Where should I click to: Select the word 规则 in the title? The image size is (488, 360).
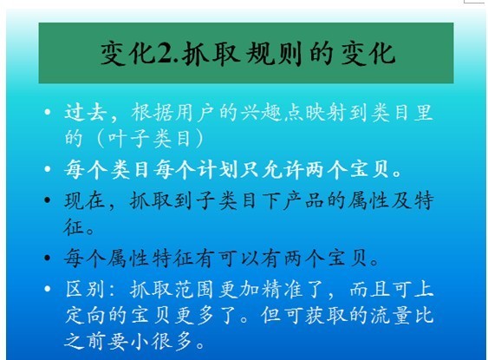click(274, 54)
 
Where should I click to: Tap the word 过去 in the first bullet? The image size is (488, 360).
click(86, 112)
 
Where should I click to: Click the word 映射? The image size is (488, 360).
click(325, 112)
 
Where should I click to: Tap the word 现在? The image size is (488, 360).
click(85, 200)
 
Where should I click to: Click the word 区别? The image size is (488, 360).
click(85, 289)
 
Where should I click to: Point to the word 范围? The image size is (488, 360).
click(195, 289)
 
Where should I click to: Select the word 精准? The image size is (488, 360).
click(283, 289)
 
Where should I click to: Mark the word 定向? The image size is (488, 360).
click(86, 315)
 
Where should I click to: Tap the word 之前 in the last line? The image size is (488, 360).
click(85, 341)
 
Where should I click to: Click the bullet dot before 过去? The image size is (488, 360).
click(48, 112)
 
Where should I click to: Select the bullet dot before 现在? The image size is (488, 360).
click(48, 200)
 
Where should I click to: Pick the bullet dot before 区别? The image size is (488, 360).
click(48, 289)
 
